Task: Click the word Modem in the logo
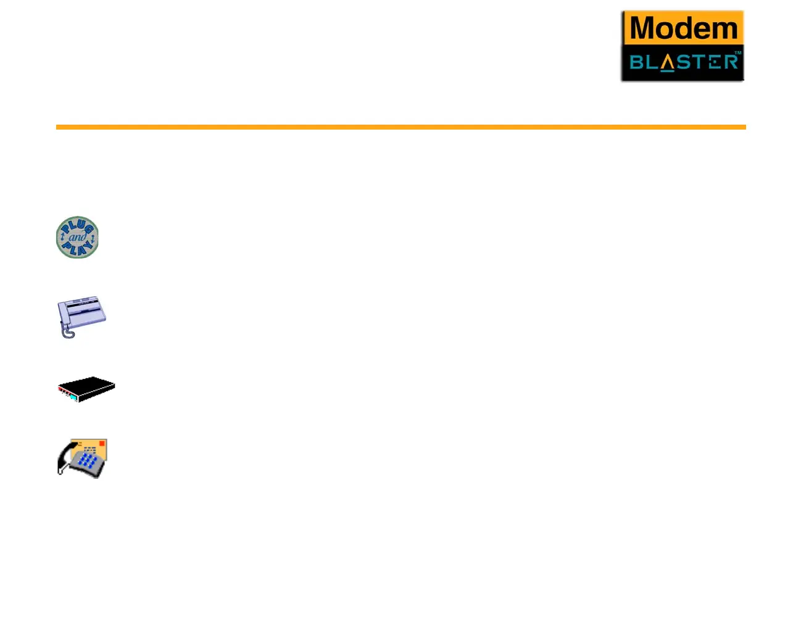point(683,28)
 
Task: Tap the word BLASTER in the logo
point(683,62)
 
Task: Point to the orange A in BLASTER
point(666,63)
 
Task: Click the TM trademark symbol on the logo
point(737,53)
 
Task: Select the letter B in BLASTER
point(636,62)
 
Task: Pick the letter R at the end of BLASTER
point(731,62)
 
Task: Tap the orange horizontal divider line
point(400,127)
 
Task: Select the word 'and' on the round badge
point(77,237)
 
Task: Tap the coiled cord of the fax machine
point(67,332)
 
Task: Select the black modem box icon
point(86,389)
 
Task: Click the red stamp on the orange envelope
point(102,443)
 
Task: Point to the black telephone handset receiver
point(64,460)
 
